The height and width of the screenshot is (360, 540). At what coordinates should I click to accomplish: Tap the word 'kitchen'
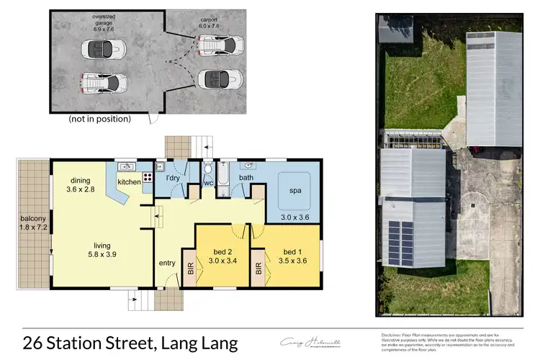pyautogui.click(x=130, y=182)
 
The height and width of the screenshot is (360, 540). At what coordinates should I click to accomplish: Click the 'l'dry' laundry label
pyautogui.click(x=173, y=177)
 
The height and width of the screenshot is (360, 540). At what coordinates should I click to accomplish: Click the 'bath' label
pyautogui.click(x=246, y=177)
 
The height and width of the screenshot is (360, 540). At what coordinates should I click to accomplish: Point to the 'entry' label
pyautogui.click(x=166, y=263)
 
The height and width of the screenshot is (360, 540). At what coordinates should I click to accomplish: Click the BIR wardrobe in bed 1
pyautogui.click(x=258, y=269)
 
